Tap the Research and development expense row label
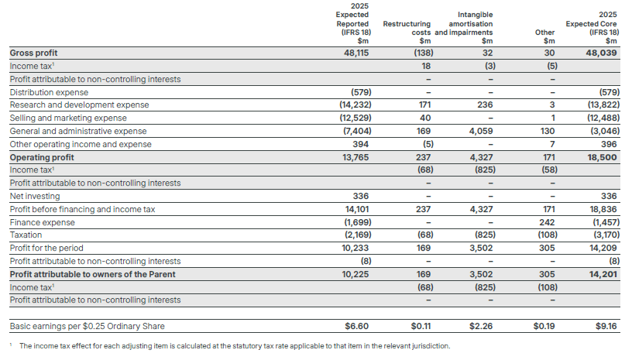point(79,105)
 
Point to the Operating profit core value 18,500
point(603,157)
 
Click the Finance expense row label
point(38,222)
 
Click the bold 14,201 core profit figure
point(603,274)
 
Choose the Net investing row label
point(35,196)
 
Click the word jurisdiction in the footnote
point(428,345)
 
